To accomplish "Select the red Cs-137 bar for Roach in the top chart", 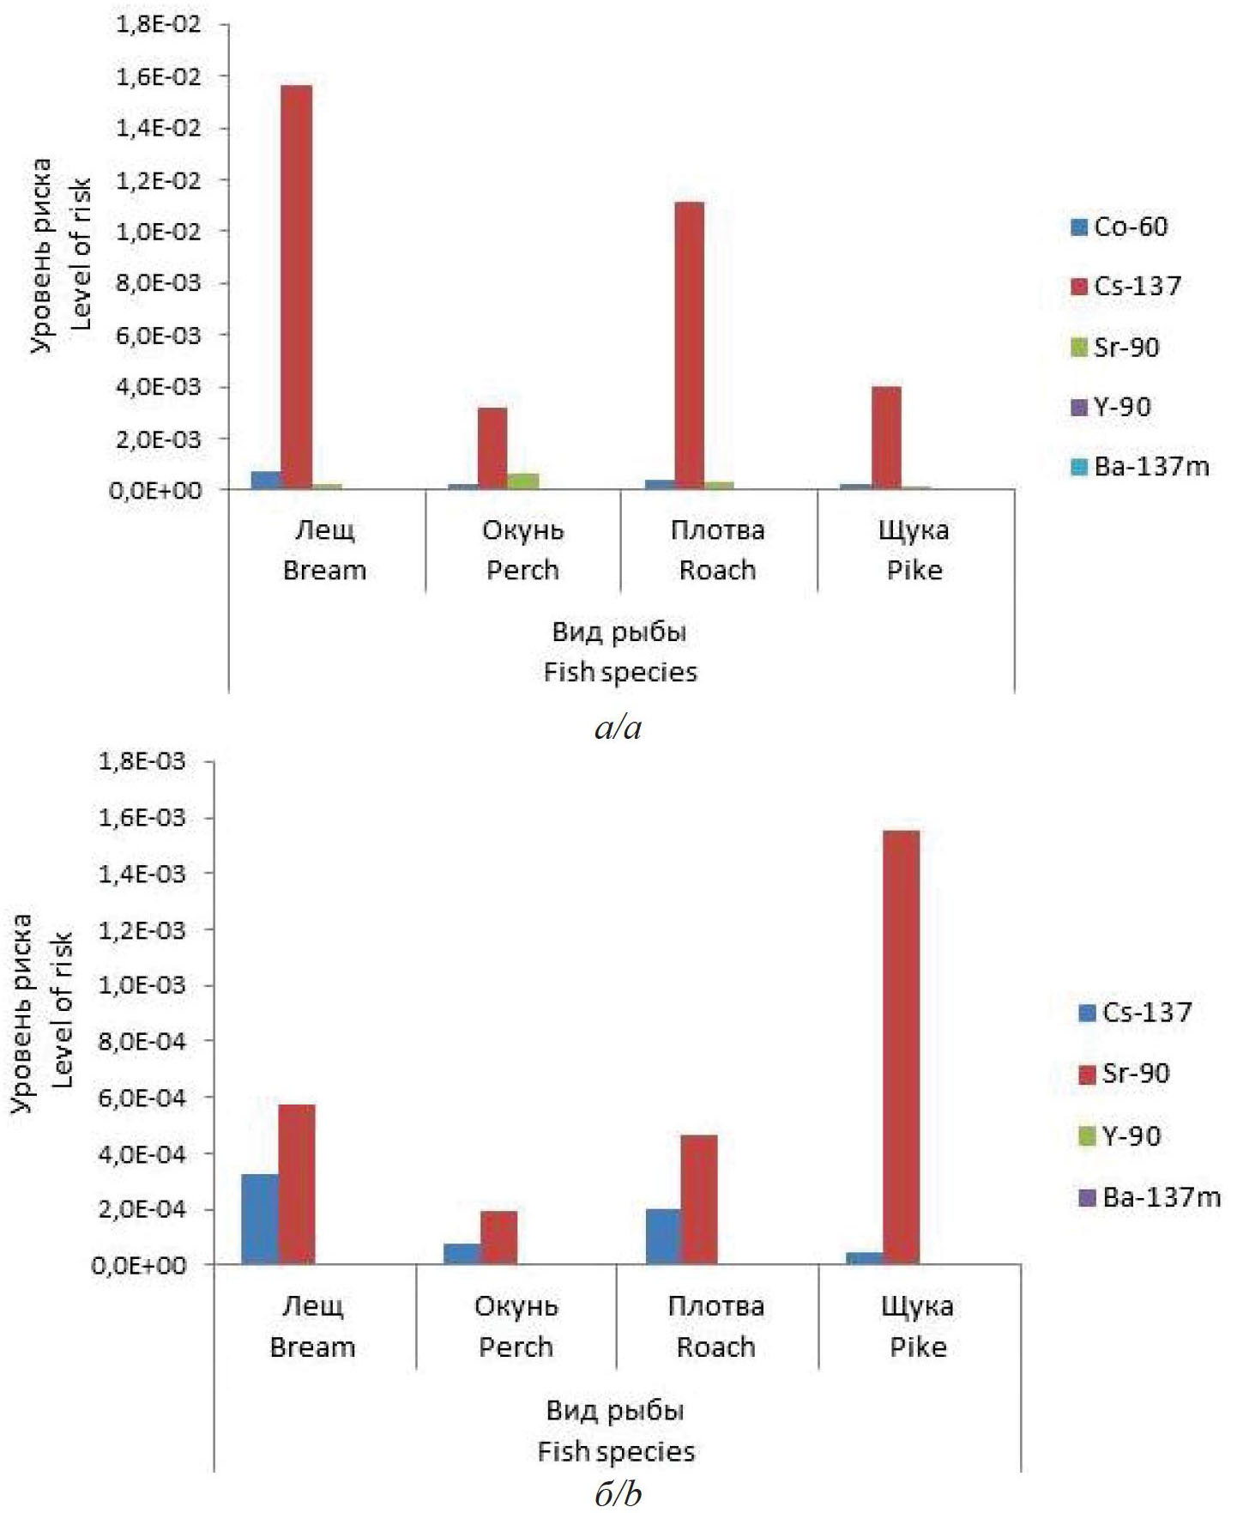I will pyautogui.click(x=690, y=345).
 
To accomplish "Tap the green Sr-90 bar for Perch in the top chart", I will pyautogui.click(x=523, y=481).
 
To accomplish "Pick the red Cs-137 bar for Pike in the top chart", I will pyautogui.click(x=886, y=438).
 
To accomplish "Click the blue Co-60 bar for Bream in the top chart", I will pyautogui.click(x=267, y=481).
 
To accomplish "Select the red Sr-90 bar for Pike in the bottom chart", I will pyautogui.click(x=901, y=1047).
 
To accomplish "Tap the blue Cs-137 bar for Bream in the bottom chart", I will pyautogui.click(x=260, y=1219).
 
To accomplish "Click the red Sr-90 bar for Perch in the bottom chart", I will pyautogui.click(x=498, y=1237).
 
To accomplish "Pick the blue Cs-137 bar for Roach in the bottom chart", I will pyautogui.click(x=664, y=1236).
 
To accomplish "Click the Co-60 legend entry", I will pyautogui.click(x=1119, y=227).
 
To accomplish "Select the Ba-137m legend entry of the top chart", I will pyautogui.click(x=1140, y=467).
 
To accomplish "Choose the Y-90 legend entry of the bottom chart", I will pyautogui.click(x=1119, y=1136).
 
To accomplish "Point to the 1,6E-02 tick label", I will pyautogui.click(x=157, y=76).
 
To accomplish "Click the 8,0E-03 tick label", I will pyautogui.click(x=157, y=283).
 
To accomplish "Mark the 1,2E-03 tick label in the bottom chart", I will pyautogui.click(x=142, y=929).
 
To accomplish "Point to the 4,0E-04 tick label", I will pyautogui.click(x=142, y=1153).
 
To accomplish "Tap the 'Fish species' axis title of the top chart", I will pyautogui.click(x=620, y=672).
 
